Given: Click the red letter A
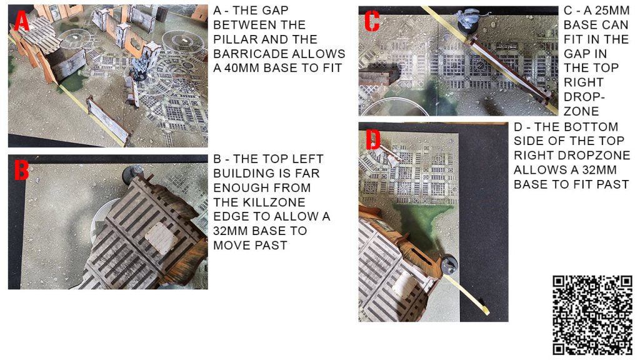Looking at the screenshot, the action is coord(22,21).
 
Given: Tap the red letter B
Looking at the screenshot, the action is coord(22,170).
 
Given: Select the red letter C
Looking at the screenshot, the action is coord(372,21).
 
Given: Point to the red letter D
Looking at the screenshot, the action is coord(372,139).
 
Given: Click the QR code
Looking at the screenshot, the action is coord(592,315).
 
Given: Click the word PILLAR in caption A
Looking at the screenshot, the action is coord(236,39).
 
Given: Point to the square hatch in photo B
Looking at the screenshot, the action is coord(162,237).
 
